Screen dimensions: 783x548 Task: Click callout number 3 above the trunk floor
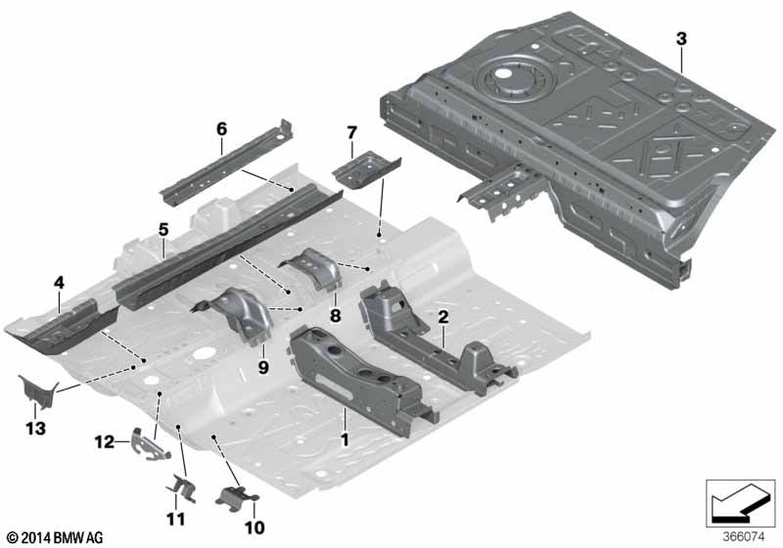tap(681, 39)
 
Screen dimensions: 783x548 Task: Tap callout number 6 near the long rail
tap(221, 129)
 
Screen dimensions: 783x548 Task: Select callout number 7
tap(352, 133)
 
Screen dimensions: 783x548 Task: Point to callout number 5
tap(163, 230)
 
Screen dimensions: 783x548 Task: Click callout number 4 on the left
tap(59, 283)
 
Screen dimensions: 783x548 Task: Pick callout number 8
tap(335, 315)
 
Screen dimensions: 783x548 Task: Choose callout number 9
tap(263, 368)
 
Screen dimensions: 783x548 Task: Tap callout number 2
tap(443, 316)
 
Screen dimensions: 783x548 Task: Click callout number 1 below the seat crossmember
tap(345, 439)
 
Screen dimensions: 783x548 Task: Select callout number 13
tap(35, 429)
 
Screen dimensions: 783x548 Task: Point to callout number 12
tap(105, 441)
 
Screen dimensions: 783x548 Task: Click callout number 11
tap(175, 519)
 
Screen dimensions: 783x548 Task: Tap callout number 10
tap(254, 527)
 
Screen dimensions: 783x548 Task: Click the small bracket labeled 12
tap(150, 443)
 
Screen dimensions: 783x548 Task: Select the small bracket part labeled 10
tap(236, 498)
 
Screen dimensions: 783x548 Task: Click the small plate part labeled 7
tap(366, 169)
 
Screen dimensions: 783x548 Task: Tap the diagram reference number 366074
tap(744, 537)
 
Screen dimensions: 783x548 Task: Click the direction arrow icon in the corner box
tap(740, 502)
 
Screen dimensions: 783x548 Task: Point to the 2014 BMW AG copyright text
tap(56, 538)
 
